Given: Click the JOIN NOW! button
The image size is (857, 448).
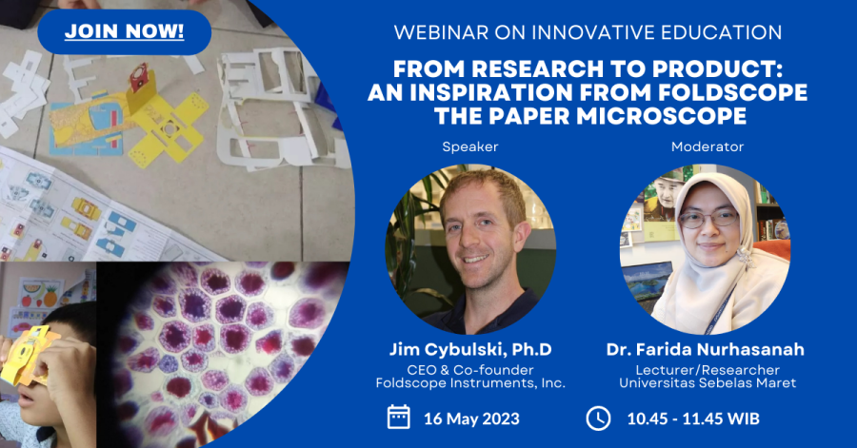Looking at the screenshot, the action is pos(124,31).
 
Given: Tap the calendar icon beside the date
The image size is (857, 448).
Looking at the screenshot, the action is pos(398,418).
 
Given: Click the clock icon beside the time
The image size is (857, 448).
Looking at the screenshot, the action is pos(599,419).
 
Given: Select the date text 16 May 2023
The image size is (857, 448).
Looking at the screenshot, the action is pos(471,419).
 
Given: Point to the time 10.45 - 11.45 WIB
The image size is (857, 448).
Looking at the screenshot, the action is pos(693,419).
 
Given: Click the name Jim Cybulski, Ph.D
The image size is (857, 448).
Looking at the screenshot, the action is pos(470,349).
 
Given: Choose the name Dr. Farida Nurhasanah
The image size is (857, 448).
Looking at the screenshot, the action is pos(705,349).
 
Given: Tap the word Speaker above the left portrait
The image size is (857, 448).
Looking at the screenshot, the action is pos(470,146).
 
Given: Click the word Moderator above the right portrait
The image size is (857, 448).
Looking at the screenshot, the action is pos(708,146).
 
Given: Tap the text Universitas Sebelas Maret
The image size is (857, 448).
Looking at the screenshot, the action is pos(708,383).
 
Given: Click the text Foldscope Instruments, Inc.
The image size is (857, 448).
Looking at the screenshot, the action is pos(470,383).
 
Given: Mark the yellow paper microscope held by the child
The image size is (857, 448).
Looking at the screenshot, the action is pos(27,354).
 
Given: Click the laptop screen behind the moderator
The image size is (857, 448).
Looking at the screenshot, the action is pos(648,280).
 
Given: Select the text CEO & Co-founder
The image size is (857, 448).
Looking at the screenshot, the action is pos(470,370).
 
